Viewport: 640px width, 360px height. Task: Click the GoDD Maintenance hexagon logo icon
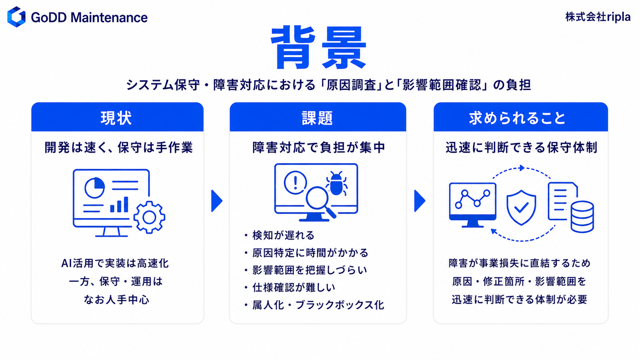coord(16,17)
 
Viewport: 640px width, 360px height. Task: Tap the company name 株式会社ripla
coord(598,17)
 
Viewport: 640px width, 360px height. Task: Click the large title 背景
coord(318,48)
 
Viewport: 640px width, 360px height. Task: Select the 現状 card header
coord(118,117)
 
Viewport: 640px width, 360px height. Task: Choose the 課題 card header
coord(318,117)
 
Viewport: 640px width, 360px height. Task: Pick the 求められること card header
coord(521,117)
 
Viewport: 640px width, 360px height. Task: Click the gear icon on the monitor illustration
coord(149,218)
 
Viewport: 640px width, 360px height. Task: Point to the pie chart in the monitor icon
coord(95,187)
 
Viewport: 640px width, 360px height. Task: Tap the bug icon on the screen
coord(336,184)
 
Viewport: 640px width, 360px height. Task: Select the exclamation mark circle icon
coord(295,182)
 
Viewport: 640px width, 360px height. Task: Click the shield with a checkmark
coord(521,208)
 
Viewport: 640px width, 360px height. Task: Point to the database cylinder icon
coord(582,217)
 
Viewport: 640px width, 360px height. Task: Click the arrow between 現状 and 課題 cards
coord(217,201)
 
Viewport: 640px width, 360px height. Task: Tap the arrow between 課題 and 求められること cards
coord(420,201)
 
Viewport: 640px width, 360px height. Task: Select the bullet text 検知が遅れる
coord(283,235)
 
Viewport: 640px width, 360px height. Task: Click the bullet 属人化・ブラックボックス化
coord(318,305)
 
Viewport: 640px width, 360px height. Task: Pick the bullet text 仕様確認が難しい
coord(294,287)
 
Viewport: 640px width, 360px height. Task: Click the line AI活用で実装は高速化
coord(115,263)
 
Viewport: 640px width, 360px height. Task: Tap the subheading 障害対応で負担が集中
coord(318,148)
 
